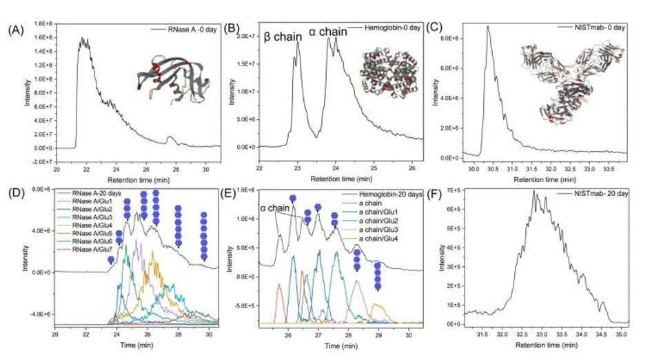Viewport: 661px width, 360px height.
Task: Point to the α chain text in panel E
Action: (273, 207)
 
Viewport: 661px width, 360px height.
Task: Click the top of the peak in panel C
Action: (488, 27)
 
